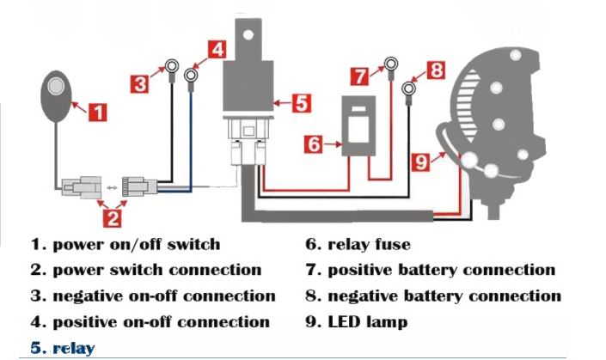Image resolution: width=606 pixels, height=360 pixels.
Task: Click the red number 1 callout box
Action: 99,111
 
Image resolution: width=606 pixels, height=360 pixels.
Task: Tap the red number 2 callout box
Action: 111,218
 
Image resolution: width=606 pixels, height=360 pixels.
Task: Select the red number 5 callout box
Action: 300,104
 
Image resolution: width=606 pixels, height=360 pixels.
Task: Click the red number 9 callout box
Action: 421,160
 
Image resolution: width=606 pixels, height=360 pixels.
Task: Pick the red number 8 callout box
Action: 437,70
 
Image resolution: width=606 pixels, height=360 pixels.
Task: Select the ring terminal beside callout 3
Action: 173,65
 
